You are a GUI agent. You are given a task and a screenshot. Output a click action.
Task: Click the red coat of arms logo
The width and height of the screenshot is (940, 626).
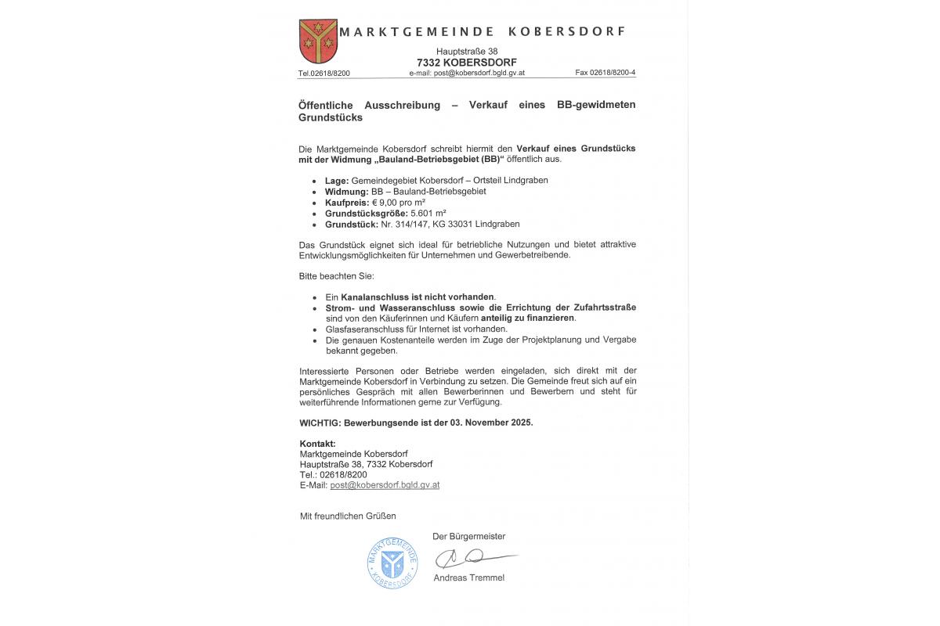(x=318, y=41)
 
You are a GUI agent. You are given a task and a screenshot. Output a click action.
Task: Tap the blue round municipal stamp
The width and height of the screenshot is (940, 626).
(x=392, y=563)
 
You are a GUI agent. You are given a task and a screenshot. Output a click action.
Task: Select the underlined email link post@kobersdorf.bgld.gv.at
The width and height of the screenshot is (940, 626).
(x=385, y=485)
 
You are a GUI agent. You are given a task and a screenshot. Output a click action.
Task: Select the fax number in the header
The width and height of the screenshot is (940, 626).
(x=606, y=73)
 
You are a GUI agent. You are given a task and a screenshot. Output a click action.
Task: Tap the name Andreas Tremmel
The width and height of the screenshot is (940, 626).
(x=469, y=577)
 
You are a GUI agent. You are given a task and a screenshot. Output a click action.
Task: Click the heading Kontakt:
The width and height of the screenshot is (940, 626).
(x=317, y=444)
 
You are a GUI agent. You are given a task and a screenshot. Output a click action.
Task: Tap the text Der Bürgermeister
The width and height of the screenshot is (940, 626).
(x=469, y=536)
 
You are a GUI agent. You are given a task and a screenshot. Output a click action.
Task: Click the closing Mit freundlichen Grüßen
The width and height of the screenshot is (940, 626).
(x=348, y=516)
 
